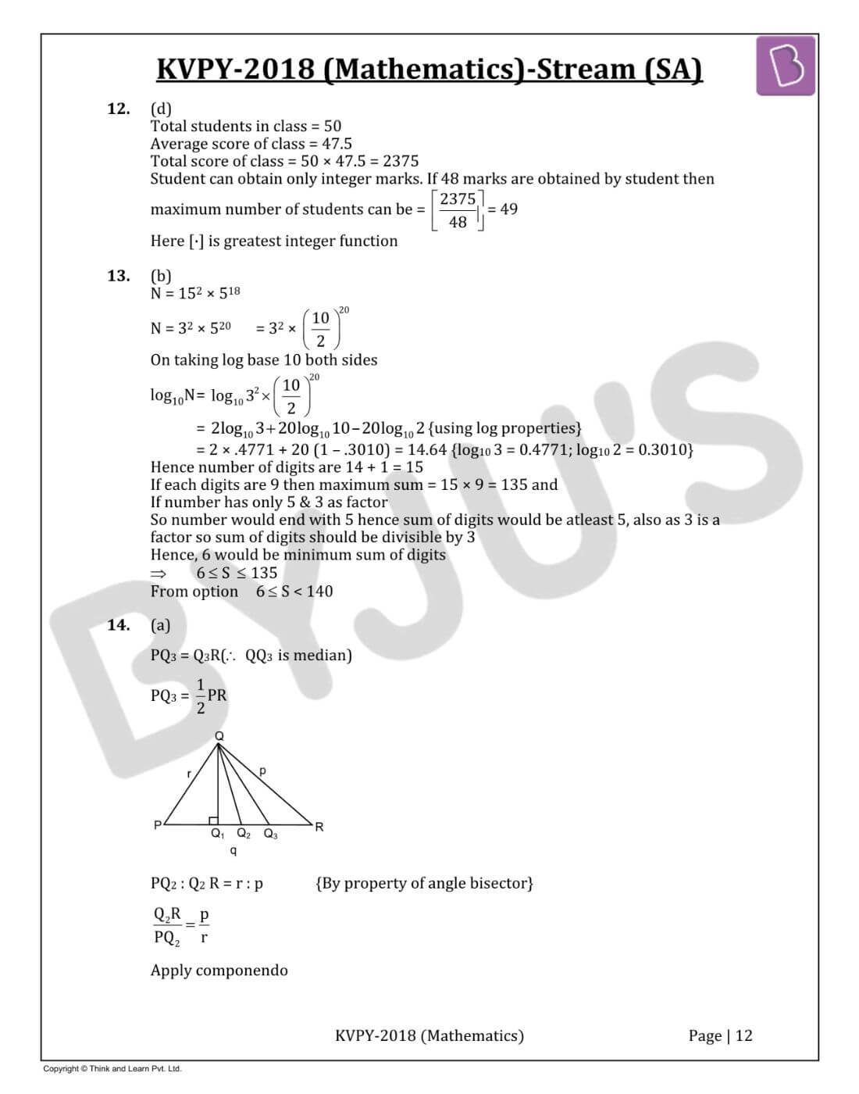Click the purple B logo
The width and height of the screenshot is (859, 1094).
785,66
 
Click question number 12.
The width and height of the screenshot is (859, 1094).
118,109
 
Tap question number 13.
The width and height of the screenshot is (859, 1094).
118,276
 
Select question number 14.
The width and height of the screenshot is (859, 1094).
118,625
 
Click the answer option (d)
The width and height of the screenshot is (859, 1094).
161,109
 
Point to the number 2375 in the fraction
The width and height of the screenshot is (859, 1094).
458,199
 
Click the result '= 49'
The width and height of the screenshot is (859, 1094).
502,209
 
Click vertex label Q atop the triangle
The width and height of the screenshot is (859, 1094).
219,736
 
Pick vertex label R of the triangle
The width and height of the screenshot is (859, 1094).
319,827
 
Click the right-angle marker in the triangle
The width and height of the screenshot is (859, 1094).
213,820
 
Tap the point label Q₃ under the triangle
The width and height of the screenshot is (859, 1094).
270,835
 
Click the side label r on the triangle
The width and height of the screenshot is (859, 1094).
189,774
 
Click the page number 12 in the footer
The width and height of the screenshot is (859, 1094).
743,1035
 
